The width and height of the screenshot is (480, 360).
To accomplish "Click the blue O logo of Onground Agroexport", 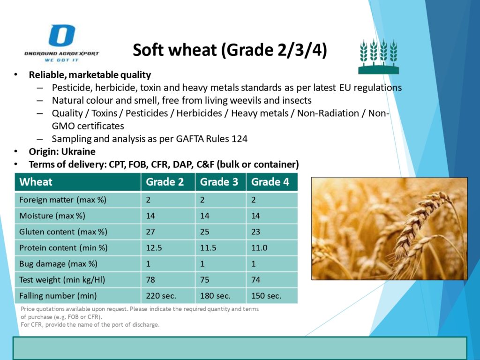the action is [62, 36].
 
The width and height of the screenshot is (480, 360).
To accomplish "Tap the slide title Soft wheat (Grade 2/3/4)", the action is [230, 50].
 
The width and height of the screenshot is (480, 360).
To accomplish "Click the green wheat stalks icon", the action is [379, 57].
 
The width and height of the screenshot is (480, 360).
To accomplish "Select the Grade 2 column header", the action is [165, 182].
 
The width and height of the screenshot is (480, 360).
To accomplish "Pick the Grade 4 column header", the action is [270, 182].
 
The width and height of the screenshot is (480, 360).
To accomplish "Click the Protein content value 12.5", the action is [154, 247].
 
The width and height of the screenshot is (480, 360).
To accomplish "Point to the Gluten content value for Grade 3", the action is [204, 232].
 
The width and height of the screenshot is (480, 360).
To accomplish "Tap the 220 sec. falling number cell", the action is [161, 296].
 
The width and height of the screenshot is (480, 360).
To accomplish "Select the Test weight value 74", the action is [255, 280].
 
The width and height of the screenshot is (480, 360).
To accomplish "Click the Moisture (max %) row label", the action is [52, 216].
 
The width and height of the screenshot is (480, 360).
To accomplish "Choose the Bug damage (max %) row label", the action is [58, 264].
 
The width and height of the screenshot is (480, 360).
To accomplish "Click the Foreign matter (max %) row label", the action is [63, 200].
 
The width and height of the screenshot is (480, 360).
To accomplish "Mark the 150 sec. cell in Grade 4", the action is [266, 296].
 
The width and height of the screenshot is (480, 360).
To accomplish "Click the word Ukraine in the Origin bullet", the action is [78, 151].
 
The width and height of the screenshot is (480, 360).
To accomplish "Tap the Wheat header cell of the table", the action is [36, 182].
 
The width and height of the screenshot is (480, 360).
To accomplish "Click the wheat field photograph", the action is [390, 229].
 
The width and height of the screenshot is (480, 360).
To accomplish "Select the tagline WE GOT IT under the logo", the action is [61, 60].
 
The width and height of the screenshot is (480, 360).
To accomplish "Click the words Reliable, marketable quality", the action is [90, 75].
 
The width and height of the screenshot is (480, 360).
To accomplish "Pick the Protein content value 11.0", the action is [259, 247].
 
